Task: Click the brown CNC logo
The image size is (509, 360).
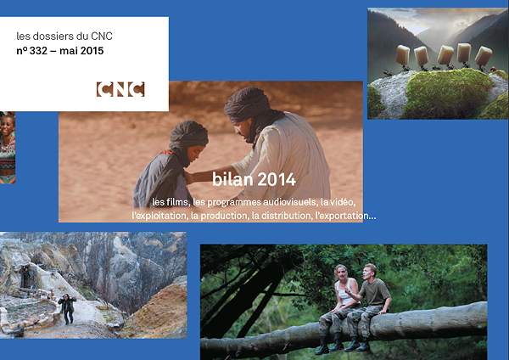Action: (x=120, y=89)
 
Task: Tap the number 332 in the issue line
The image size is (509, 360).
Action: (x=38, y=51)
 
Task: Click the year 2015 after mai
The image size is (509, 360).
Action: (x=92, y=51)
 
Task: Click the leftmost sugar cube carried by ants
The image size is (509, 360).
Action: (x=402, y=55)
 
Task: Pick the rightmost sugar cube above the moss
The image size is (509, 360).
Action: (x=484, y=55)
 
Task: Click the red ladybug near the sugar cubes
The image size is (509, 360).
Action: (x=493, y=69)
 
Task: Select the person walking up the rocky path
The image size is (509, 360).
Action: (x=67, y=308)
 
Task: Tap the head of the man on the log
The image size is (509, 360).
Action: (x=371, y=272)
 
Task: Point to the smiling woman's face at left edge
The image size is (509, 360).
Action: (x=8, y=126)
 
